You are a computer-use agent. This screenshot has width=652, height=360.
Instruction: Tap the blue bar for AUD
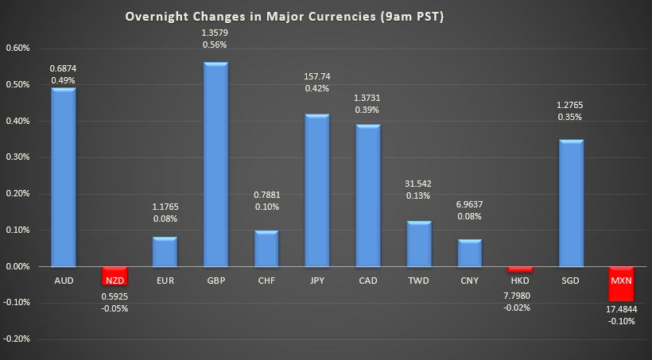click(64, 177)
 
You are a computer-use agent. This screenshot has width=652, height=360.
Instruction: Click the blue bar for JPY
click(317, 190)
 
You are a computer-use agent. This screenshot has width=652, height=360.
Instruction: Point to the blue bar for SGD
click(571, 203)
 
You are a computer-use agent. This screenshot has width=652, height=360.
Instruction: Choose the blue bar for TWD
click(418, 243)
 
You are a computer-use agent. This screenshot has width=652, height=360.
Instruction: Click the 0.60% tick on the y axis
click(17, 48)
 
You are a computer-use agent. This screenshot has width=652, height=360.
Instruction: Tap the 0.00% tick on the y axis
click(17, 266)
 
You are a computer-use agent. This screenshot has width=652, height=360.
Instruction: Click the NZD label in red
click(114, 280)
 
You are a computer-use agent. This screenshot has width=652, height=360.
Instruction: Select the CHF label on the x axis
click(266, 281)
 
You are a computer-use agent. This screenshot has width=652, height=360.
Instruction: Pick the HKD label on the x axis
click(520, 281)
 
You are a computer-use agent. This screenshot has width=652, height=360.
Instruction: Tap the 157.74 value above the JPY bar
click(317, 76)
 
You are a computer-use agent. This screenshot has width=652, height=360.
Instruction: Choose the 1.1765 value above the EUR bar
click(165, 207)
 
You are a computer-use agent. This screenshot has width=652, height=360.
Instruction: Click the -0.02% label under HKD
click(520, 308)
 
